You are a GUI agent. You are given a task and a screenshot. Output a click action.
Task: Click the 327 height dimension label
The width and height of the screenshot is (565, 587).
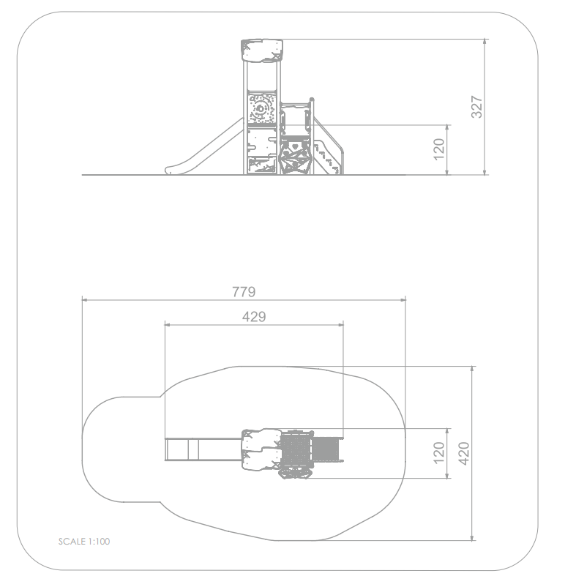click(x=476, y=107)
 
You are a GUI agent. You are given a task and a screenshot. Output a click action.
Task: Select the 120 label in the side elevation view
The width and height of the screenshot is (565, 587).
click(x=439, y=149)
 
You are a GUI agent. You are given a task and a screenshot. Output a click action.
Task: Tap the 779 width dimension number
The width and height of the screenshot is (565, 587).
click(x=244, y=291)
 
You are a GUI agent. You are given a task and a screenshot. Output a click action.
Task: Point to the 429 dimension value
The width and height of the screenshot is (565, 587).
click(x=254, y=317)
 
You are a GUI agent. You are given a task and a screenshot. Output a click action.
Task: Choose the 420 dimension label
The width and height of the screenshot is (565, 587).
click(x=464, y=454)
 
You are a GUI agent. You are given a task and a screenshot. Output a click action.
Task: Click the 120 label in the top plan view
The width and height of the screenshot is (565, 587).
click(x=439, y=453)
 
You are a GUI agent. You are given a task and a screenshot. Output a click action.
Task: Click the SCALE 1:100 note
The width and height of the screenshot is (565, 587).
click(x=84, y=542)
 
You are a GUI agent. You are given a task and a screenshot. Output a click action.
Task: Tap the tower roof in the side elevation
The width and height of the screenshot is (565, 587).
click(x=262, y=51)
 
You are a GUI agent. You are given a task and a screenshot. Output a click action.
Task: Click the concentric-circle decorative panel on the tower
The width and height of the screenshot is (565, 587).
click(x=261, y=108)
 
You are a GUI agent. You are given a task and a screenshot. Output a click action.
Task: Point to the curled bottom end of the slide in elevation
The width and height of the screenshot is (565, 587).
click(x=171, y=171)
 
